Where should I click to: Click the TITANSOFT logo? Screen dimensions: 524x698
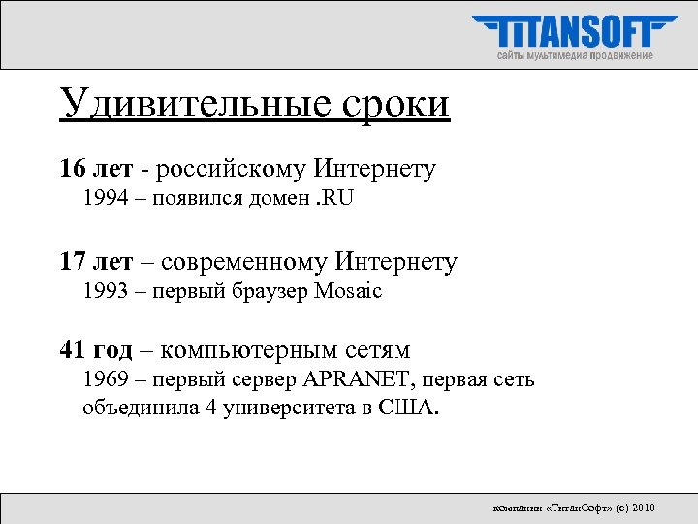coord(575,32)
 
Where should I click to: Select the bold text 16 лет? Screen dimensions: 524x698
coord(94,170)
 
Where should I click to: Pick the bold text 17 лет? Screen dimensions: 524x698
coord(94,261)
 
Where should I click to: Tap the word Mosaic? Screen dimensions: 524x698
coord(348,291)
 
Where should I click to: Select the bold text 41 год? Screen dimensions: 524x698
coord(99,350)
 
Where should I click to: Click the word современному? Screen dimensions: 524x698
coord(244,261)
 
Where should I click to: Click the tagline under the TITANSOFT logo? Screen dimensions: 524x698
coord(575,56)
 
